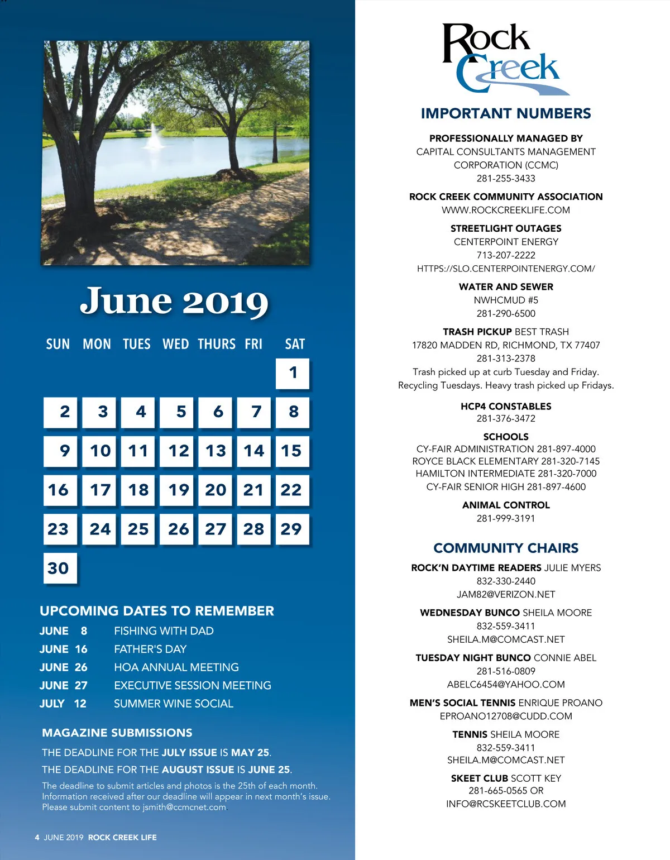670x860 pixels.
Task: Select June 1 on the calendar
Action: pos(293,373)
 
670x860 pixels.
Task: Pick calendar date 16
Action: pos(60,490)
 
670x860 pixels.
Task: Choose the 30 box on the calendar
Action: pos(60,568)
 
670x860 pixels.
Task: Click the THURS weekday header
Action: pos(217,344)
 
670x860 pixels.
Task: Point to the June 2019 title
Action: pos(174,302)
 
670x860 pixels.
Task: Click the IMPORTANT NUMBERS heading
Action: pos(506,113)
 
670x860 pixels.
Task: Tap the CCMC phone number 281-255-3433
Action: pos(506,179)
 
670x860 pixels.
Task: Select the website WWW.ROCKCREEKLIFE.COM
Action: pos(506,211)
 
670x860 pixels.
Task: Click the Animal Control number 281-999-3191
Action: pos(506,518)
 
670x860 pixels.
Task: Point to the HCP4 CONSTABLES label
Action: pos(506,406)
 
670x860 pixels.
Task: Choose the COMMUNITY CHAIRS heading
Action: pos(506,548)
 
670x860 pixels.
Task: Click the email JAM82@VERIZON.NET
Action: pos(506,595)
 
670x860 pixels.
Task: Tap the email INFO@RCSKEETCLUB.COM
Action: pos(506,804)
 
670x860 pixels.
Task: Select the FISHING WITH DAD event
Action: pos(164,631)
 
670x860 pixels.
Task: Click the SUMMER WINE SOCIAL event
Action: pos(174,704)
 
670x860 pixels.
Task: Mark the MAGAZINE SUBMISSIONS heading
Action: pos(117,733)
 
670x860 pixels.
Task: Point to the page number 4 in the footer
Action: pos(37,837)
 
